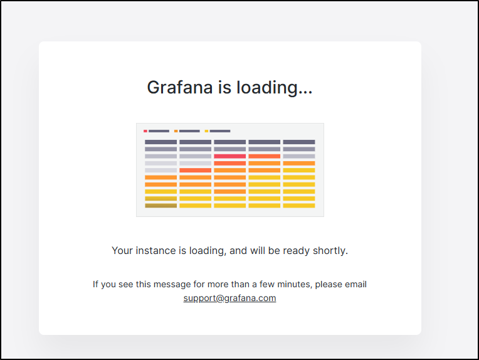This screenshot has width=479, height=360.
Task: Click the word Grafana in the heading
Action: pyautogui.click(x=180, y=87)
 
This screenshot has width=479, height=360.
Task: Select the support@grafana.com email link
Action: pyautogui.click(x=229, y=298)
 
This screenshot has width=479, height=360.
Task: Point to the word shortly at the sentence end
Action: pyautogui.click(x=330, y=251)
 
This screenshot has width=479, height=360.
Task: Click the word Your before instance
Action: pyautogui.click(x=122, y=251)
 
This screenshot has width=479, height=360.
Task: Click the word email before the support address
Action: pyautogui.click(x=355, y=284)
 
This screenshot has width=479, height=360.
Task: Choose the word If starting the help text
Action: pyautogui.click(x=96, y=284)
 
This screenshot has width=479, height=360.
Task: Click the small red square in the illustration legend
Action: pyautogui.click(x=145, y=131)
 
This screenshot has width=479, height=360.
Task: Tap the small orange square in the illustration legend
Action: pyautogui.click(x=176, y=131)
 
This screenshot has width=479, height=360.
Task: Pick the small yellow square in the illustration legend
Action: pyautogui.click(x=206, y=131)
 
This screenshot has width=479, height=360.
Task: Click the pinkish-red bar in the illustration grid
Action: pyautogui.click(x=229, y=156)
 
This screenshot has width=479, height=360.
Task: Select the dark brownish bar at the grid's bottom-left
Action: pyautogui.click(x=161, y=206)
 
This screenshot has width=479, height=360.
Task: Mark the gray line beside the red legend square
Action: pyautogui.click(x=159, y=131)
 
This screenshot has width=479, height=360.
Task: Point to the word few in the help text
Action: pyautogui.click(x=267, y=284)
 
